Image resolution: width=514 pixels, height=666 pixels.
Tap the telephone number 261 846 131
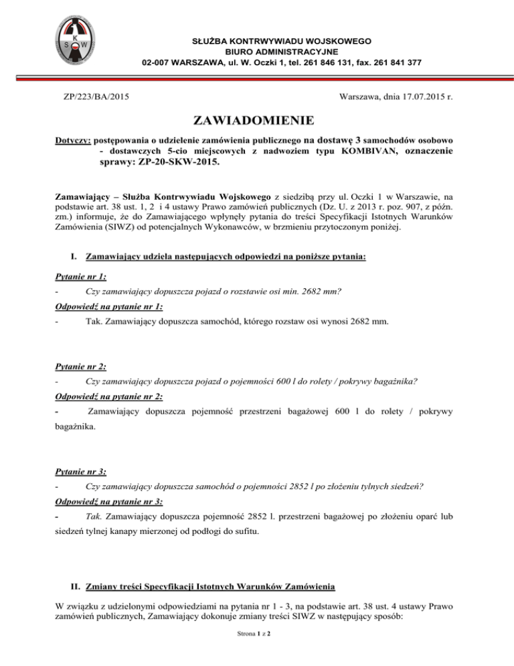(316, 63)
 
